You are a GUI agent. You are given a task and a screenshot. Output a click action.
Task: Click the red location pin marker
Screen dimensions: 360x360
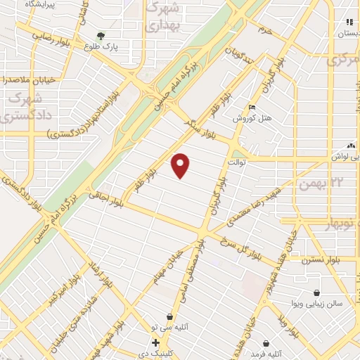click(181, 165)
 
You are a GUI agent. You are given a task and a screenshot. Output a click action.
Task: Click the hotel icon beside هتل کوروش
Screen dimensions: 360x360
click(252, 108)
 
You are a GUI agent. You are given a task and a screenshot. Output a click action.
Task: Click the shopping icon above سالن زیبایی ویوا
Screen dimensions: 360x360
click(316, 293)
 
